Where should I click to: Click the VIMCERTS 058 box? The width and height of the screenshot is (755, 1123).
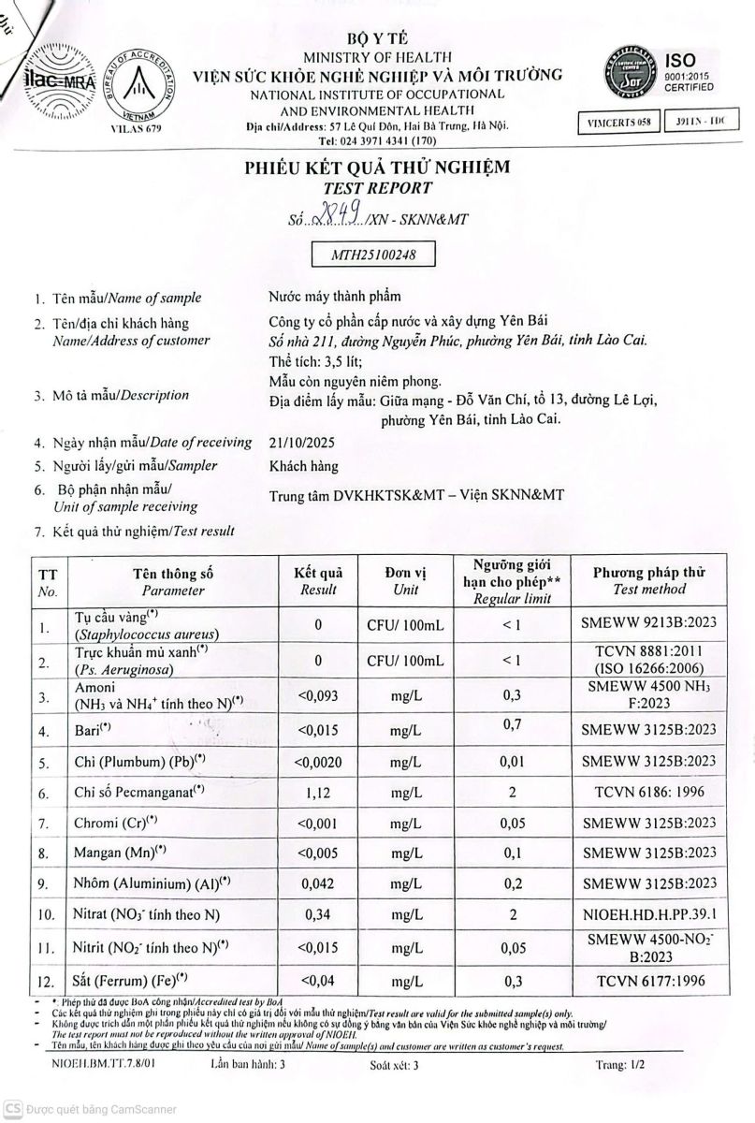pyautogui.click(x=618, y=123)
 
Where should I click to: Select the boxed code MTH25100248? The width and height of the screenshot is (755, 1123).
pyautogui.click(x=373, y=253)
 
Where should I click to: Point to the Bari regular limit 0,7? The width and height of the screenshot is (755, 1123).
pyautogui.click(x=511, y=723)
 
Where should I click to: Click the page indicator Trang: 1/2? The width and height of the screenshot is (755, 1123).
pyautogui.click(x=619, y=1065)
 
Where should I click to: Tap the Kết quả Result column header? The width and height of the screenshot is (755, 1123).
pyautogui.click(x=318, y=580)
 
